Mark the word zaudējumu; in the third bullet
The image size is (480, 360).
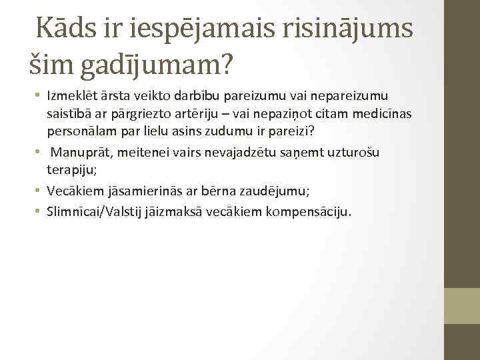(270, 191)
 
